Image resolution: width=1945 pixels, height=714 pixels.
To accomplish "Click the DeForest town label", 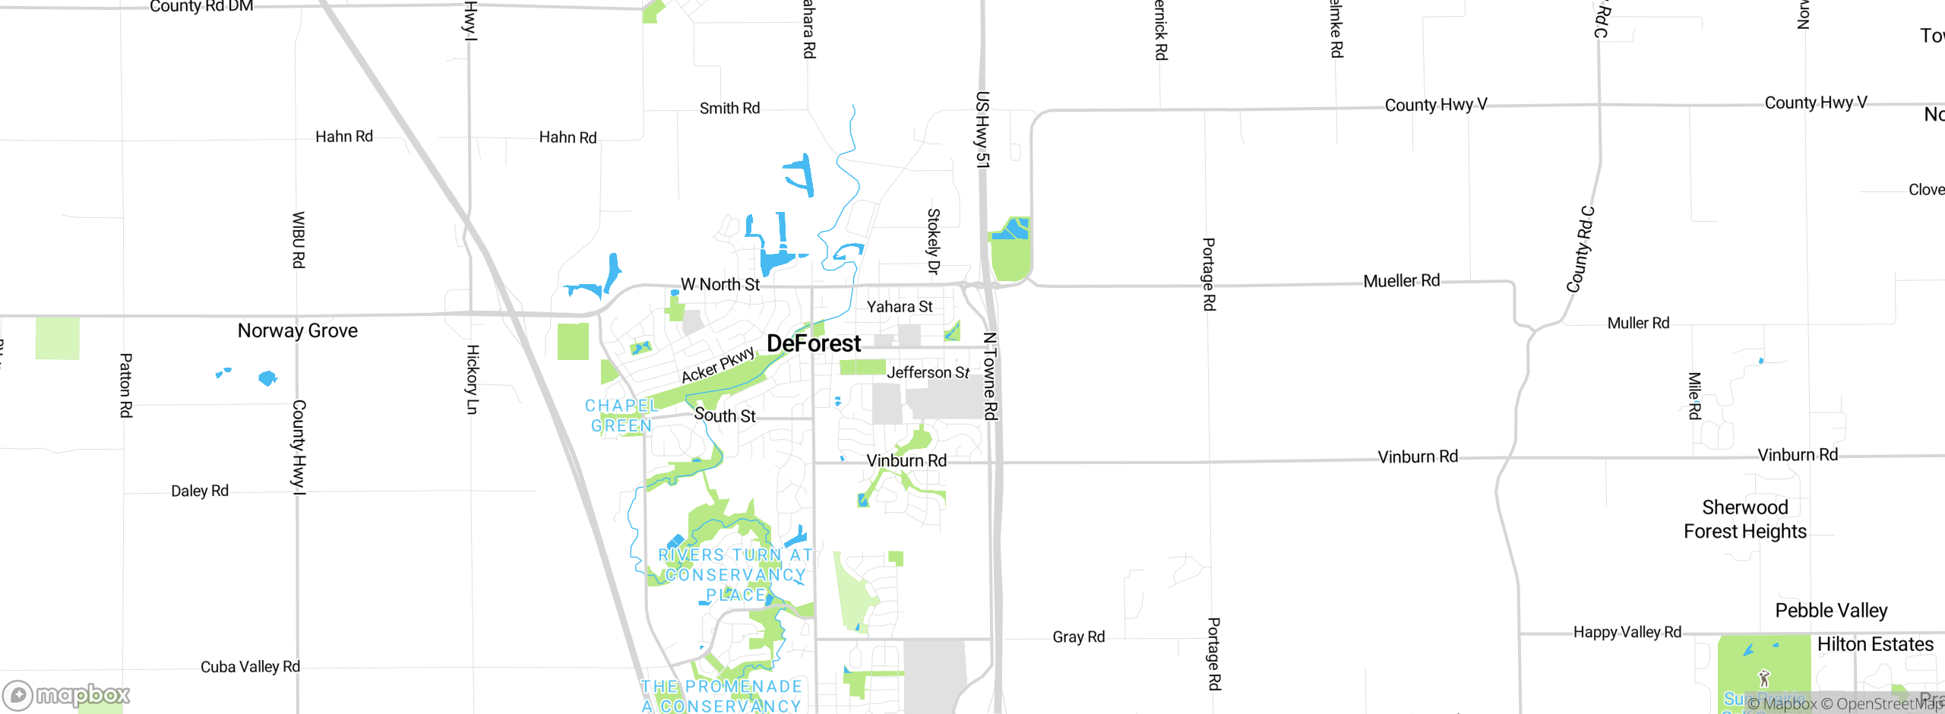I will tap(814, 343).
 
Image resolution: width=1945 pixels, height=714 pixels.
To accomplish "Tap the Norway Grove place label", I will tap(297, 330).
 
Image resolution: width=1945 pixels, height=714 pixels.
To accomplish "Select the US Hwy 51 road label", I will tap(982, 129).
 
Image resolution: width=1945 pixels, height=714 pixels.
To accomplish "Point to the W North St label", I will tap(719, 284).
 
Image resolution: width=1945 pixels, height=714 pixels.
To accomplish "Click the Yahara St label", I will tap(900, 306).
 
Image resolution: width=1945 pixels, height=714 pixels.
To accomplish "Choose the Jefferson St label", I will tap(928, 372).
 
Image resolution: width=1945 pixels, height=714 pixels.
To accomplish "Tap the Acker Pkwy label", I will tap(717, 365).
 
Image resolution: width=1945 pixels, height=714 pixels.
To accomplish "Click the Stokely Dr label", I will tap(934, 241).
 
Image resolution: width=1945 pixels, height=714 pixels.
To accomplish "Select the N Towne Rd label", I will tap(989, 376).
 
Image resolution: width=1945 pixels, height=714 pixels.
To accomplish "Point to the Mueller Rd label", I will tap(1401, 281).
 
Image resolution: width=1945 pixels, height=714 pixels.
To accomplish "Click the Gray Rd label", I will tap(1078, 637).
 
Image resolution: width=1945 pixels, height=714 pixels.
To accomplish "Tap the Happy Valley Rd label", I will tap(1627, 632).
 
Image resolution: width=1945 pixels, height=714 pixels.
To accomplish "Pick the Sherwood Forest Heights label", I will tap(1744, 519).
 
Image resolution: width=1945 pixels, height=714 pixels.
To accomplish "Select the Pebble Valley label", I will tap(1831, 610).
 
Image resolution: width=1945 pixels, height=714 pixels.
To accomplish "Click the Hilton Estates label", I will tap(1875, 644).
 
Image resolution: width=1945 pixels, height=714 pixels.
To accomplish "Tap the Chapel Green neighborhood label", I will tap(621, 415).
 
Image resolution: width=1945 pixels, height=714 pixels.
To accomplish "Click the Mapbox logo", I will tap(66, 694).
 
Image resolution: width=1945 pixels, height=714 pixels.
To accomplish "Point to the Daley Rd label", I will tap(199, 491).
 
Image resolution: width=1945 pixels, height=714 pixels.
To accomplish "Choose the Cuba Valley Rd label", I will tap(250, 667).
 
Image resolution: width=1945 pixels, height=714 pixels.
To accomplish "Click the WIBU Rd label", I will tap(299, 239).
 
